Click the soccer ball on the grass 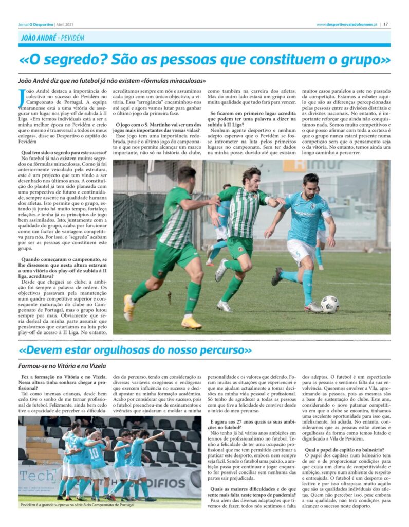329,304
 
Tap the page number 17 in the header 385,24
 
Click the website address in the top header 347,24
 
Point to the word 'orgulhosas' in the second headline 129,350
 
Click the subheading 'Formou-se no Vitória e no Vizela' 62,366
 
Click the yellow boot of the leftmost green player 191,323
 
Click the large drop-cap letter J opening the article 21,95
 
